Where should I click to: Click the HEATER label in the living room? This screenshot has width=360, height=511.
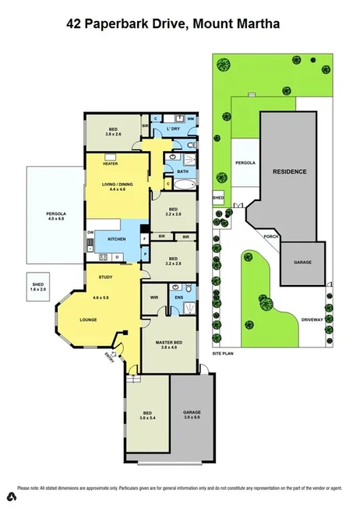coord(110,164)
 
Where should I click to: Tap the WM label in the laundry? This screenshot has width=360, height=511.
coord(189,118)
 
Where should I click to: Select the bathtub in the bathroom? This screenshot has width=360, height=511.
coord(185,185)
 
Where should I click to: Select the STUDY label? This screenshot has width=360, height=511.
coord(106,277)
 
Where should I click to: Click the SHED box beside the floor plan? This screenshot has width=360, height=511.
coord(37,286)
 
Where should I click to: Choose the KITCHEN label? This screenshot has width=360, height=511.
coord(117,238)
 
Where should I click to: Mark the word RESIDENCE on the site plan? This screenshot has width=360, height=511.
coord(289,171)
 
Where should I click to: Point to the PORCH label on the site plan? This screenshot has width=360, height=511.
coord(271,237)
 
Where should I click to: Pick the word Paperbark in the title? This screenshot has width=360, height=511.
coord(129,25)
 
